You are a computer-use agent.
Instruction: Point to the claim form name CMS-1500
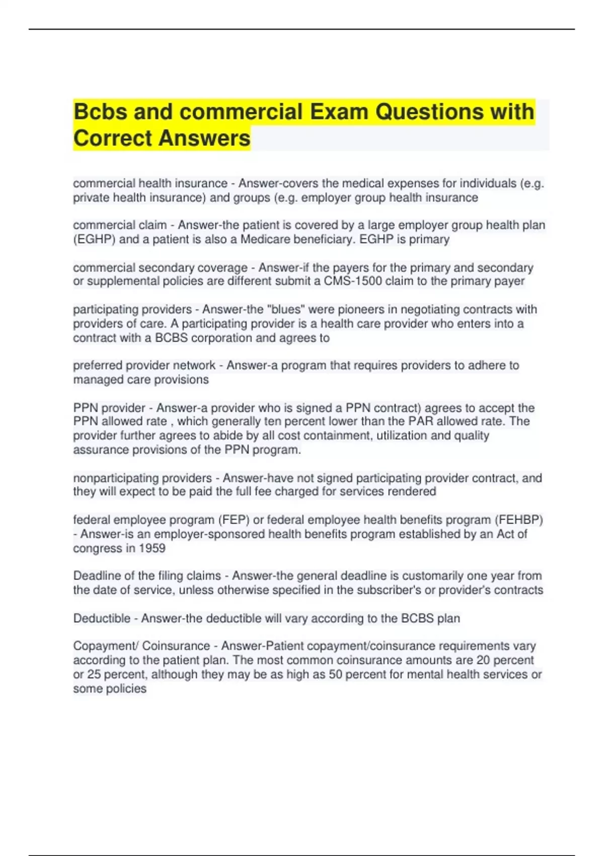click(x=353, y=281)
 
